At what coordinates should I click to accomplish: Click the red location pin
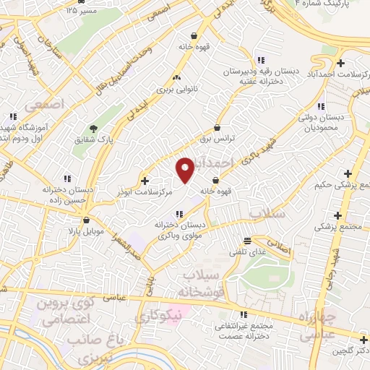pos(185,170)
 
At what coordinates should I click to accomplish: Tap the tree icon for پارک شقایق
pos(90,128)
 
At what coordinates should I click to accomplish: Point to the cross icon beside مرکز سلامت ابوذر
pos(145,181)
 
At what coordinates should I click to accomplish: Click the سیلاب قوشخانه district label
pos(205,284)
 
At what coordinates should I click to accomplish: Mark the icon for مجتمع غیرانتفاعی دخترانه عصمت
pos(244,314)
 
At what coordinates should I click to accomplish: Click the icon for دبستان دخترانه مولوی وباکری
pos(180,213)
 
